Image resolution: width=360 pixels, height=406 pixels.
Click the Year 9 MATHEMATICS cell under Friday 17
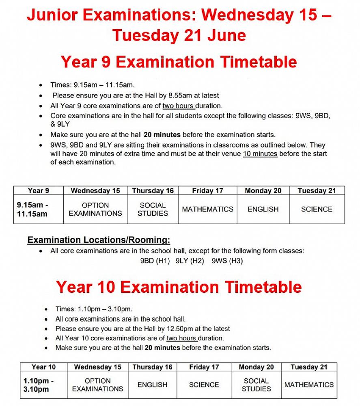point(207,209)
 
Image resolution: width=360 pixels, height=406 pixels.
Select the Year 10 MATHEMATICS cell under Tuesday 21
point(309,384)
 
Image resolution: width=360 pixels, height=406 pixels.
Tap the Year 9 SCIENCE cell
point(317,209)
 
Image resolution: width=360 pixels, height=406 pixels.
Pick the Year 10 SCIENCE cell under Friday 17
point(204,384)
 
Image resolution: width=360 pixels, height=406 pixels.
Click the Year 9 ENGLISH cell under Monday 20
point(263,209)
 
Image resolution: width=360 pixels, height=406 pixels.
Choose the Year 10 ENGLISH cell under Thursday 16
point(152,384)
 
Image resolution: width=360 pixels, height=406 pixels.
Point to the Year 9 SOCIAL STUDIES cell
point(153,209)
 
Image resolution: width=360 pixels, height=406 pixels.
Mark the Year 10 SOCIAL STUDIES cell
point(256,384)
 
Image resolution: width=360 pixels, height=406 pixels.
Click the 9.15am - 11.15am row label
point(32,209)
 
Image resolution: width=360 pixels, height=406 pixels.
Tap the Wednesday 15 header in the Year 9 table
point(95,190)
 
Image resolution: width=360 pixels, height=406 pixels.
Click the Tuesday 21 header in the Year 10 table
point(309,367)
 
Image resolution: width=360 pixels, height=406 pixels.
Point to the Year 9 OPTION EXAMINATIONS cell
point(95,209)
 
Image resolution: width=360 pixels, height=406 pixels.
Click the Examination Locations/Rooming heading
point(99,240)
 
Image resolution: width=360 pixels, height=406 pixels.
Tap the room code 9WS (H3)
point(227,261)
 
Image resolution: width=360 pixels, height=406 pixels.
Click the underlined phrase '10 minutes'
point(260,154)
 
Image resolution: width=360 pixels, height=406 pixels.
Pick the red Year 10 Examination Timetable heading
point(179,287)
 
